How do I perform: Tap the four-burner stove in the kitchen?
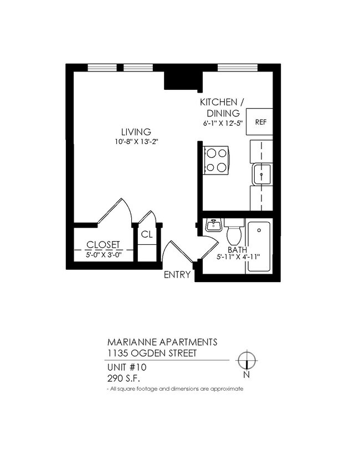point(216,160)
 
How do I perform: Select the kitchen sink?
point(261,175)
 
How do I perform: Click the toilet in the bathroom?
point(234,232)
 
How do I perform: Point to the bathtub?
point(259,247)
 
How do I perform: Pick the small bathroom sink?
point(213,225)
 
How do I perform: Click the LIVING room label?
point(136,132)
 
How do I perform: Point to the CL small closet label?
point(146,234)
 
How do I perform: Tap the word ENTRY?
point(177,274)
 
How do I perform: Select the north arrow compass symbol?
point(246,361)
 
